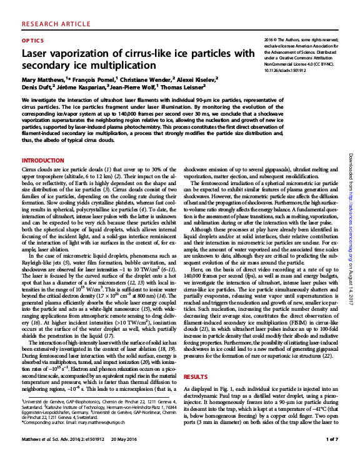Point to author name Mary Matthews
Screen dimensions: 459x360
tap(44, 80)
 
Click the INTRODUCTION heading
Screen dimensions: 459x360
tap(43, 161)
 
